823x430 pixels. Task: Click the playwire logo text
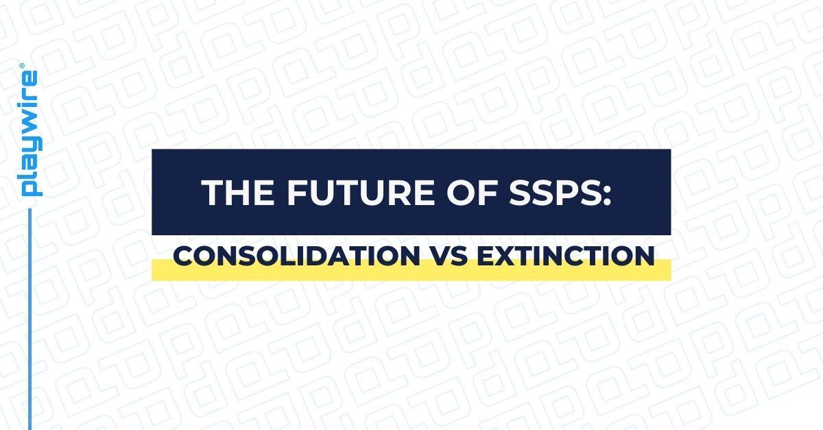coord(31,134)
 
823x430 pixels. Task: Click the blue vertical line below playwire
coord(31,315)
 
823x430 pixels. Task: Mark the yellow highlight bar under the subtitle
coord(411,272)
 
